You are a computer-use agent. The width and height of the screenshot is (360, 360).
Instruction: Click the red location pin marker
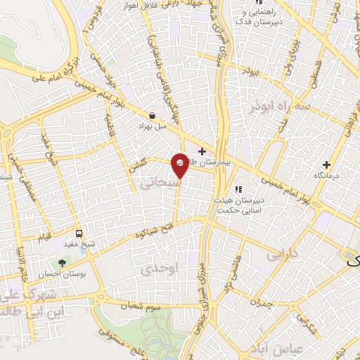(x=181, y=164)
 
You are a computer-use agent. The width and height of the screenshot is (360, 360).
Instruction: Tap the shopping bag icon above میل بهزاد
(x=152, y=115)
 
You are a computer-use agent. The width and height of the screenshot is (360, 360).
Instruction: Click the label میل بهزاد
(x=152, y=128)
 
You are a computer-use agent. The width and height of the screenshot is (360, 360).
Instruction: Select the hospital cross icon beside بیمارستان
(x=202, y=151)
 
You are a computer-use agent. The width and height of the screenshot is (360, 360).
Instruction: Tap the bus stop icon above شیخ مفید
(x=79, y=233)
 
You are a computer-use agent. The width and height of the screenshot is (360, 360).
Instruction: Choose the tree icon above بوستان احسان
(x=63, y=262)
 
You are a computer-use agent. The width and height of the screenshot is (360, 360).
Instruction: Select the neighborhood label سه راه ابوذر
(x=280, y=105)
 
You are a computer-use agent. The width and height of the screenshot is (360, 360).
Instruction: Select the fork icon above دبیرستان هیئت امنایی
(x=238, y=188)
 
